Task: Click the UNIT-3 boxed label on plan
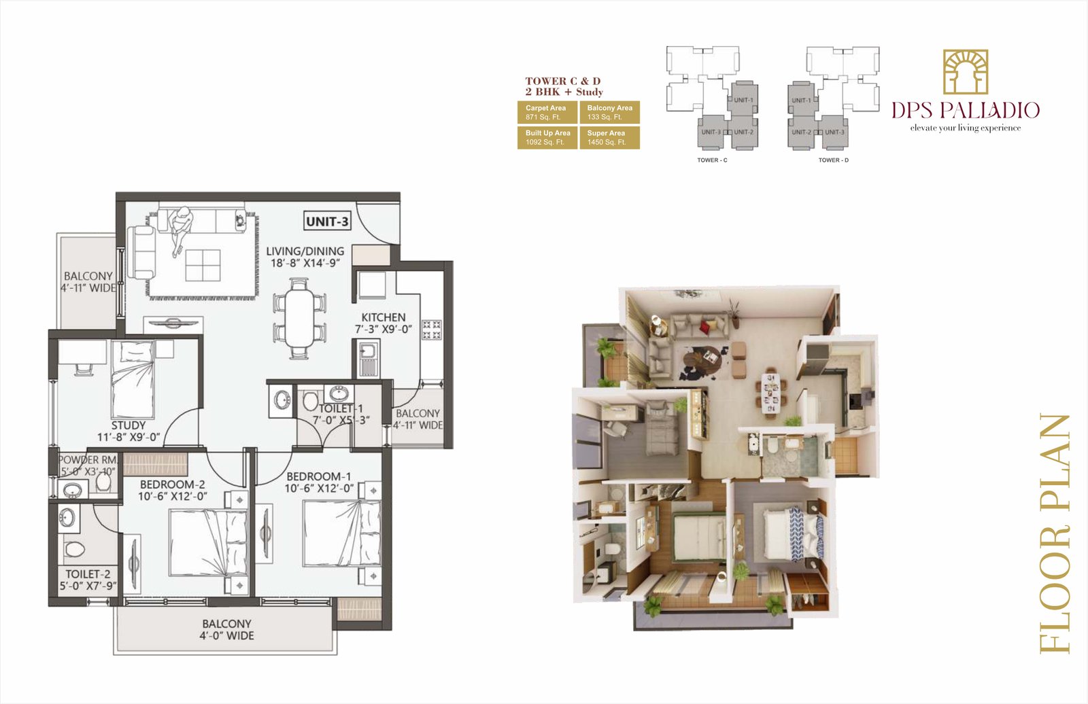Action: (327, 222)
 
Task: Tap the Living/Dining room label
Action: (305, 251)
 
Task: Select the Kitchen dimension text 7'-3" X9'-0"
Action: (384, 330)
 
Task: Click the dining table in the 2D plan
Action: (300, 319)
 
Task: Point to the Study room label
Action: (129, 425)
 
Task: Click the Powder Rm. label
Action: (88, 460)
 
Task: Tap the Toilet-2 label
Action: (88, 574)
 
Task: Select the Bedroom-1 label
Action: (318, 476)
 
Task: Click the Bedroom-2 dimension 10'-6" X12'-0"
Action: (172, 497)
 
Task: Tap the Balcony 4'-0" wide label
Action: (226, 629)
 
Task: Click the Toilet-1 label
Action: (341, 408)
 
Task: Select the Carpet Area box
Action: (547, 112)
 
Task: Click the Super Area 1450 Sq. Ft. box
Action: (609, 138)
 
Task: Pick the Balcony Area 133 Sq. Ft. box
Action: (609, 112)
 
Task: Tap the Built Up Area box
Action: (547, 138)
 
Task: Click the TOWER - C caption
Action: (712, 160)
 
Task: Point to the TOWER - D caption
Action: (833, 160)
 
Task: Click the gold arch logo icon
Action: (965, 71)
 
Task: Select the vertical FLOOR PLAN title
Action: (1055, 533)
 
